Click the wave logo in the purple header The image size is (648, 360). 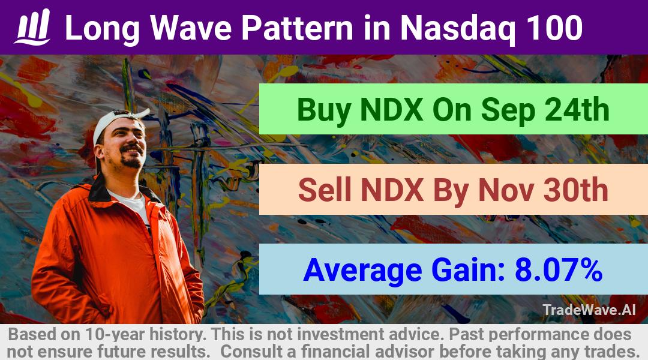(32, 26)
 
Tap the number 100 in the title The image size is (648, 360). (549, 28)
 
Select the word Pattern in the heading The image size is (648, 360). (297, 28)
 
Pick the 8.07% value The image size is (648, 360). (559, 269)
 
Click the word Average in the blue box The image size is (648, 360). (362, 271)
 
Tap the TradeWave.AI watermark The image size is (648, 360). (589, 310)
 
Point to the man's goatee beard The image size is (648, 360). (131, 158)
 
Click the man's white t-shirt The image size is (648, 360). (131, 206)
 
